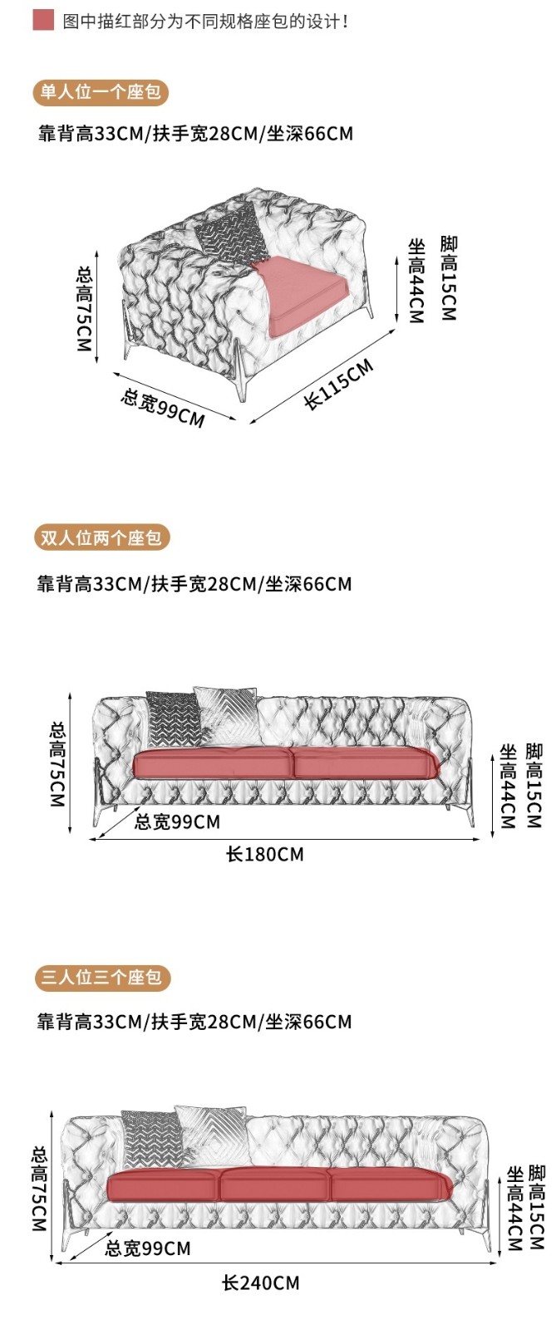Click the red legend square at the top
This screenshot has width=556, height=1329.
(43, 21)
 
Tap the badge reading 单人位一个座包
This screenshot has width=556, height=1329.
(101, 91)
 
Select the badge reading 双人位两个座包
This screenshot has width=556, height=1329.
(101, 537)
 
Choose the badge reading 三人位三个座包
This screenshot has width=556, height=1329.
(101, 977)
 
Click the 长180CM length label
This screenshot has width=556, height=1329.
(265, 854)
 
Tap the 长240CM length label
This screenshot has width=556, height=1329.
(260, 1283)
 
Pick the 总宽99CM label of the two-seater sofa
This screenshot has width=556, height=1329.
(177, 822)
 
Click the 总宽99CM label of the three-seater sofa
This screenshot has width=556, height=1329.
(148, 1248)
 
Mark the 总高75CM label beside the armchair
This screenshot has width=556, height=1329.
(84, 308)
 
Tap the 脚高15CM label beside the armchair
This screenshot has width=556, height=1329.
(449, 278)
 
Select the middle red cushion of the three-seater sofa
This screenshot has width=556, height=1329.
(274, 1184)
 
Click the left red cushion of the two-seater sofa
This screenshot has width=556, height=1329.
(212, 763)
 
